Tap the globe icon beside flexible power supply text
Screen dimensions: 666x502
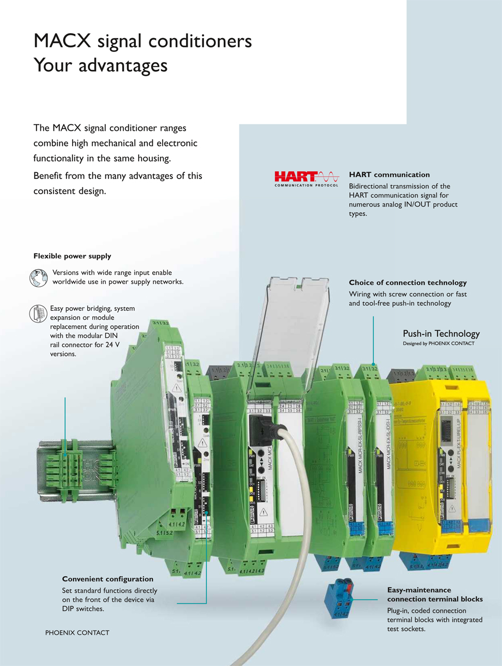[x=39, y=277]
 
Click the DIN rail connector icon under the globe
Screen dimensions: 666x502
[x=39, y=313]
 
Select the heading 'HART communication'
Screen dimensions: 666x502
[x=389, y=175]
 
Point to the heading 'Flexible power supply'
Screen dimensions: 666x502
[x=72, y=256]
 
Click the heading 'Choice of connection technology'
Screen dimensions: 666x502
[x=408, y=283]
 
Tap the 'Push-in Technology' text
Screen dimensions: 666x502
[x=441, y=334]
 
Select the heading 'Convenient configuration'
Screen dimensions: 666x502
[x=107, y=579]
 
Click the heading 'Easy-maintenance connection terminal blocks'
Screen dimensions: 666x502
[x=435, y=595]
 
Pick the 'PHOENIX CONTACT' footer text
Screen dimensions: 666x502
[x=77, y=633]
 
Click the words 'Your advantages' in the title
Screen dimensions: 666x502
[x=100, y=66]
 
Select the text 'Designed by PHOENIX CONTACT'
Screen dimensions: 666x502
[x=438, y=344]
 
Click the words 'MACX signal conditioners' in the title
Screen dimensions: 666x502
[x=142, y=41]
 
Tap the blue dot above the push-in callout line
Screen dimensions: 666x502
[x=373, y=364]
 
